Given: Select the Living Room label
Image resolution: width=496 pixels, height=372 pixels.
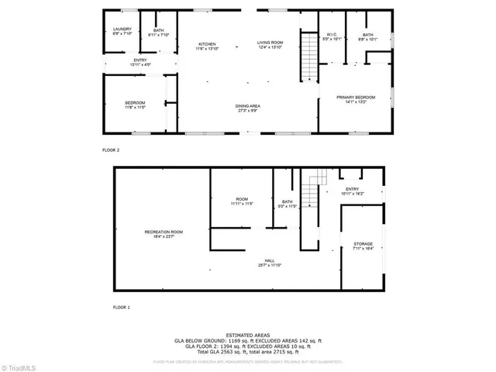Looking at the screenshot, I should tap(271, 45).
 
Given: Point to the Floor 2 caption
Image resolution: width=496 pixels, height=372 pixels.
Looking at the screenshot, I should tap(111, 150).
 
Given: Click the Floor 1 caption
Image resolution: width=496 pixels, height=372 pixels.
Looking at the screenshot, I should tap(121, 308).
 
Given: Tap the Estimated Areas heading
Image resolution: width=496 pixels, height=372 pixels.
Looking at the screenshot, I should tap(247, 335).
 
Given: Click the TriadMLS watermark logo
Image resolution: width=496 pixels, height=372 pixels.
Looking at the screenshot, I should tap(19, 366).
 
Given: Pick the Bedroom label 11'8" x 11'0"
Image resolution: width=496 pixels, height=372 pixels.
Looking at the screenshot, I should tap(135, 105).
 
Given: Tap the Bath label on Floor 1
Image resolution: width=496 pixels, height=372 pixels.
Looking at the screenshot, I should tap(288, 204).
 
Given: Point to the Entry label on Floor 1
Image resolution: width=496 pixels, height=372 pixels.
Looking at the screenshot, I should tap(352, 191).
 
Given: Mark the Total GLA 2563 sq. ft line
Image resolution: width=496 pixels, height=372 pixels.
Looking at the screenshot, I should tap(247, 351).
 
